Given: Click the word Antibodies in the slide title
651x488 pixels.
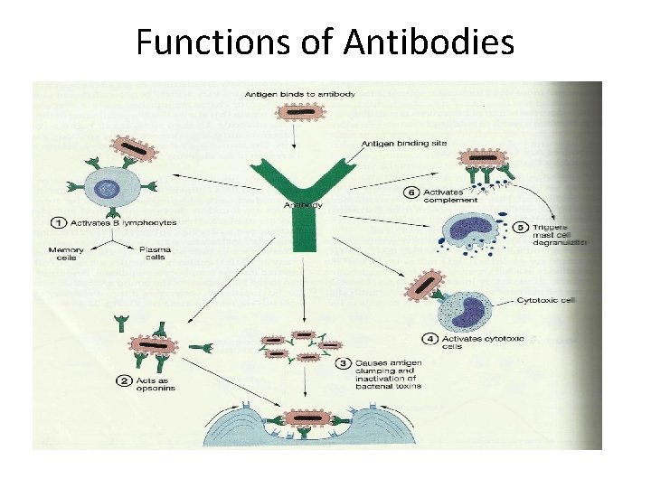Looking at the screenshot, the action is [430, 42].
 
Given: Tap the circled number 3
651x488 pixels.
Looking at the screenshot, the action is [341, 364].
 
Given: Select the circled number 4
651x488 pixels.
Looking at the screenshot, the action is [430, 340].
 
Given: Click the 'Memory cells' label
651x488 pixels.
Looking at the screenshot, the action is [70, 255].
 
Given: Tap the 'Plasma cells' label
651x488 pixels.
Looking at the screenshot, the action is [152, 255].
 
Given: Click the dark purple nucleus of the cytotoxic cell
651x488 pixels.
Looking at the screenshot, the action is [468, 313].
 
